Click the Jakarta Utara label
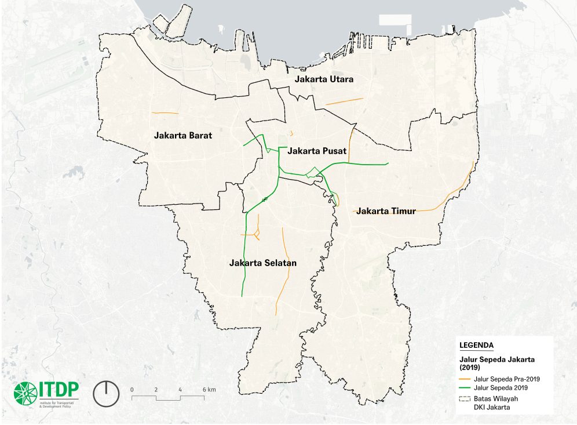click(x=324, y=79)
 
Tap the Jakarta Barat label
click(x=183, y=136)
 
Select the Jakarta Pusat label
click(x=317, y=151)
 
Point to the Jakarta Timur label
click(x=386, y=211)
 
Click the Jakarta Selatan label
click(x=263, y=263)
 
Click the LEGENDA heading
click(x=476, y=346)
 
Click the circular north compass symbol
click(x=106, y=393)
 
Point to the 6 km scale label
click(x=209, y=389)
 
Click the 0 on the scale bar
click(x=132, y=389)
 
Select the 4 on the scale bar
click(x=180, y=389)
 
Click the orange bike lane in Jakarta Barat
click(x=164, y=112)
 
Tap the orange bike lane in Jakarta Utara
click(x=344, y=101)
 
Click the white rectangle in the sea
click(x=395, y=19)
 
